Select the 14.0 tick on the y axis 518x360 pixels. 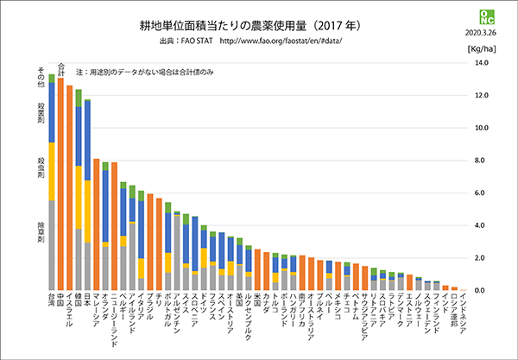tap(486, 62)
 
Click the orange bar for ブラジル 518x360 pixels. tap(149, 242)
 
